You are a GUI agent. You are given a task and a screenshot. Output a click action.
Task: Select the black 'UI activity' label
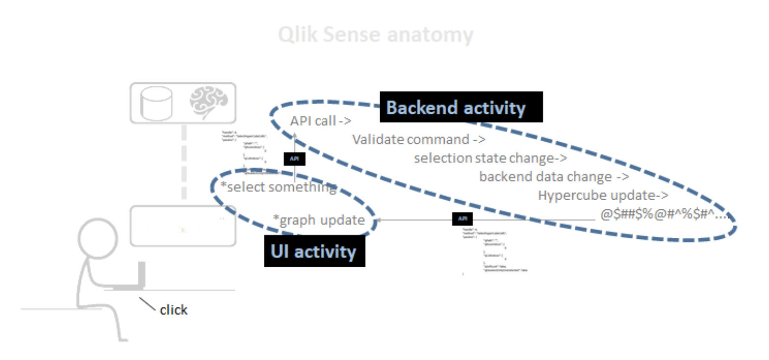314,251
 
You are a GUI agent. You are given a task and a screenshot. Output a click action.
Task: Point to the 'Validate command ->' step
419,140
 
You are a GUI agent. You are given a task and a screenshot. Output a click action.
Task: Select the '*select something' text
278,187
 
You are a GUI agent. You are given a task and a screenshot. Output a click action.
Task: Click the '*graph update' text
322,220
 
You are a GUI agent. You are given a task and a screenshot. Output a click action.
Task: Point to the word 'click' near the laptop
174,310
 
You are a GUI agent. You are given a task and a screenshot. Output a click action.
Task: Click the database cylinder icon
156,102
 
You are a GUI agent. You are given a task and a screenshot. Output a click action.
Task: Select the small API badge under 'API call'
294,159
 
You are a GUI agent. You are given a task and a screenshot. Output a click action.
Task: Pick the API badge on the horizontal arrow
462,219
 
